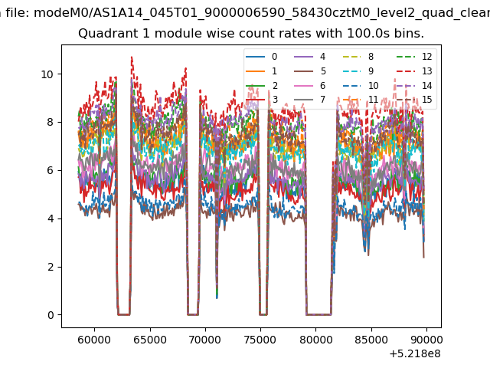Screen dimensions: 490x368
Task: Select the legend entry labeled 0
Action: pyautogui.click(x=262, y=57)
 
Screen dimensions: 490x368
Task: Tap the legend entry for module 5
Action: pyautogui.click(x=310, y=71)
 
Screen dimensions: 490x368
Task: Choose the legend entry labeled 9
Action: pyautogui.click(x=358, y=71)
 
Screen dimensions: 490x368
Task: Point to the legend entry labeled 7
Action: pyautogui.click(x=310, y=100)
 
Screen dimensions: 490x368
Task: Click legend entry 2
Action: pyautogui.click(x=262, y=85)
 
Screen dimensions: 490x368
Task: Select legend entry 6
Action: pyautogui.click(x=310, y=85)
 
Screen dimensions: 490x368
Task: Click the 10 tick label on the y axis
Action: pyautogui.click(x=47, y=74)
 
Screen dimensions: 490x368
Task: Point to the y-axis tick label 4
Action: pyautogui.click(x=51, y=219)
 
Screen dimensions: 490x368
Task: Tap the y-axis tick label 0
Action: pyautogui.click(x=51, y=315)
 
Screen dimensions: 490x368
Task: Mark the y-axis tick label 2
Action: pyautogui.click(x=51, y=267)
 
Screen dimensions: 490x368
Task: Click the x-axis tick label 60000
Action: pyautogui.click(x=94, y=340)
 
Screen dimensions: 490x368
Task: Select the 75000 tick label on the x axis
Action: pyautogui.click(x=260, y=340)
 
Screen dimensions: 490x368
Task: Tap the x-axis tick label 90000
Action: pyautogui.click(x=426, y=340)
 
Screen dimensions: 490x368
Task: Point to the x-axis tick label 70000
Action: pyautogui.click(x=205, y=340)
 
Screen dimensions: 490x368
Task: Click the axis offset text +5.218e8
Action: pyautogui.click(x=415, y=353)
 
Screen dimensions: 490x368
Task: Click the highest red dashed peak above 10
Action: pyautogui.click(x=132, y=58)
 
